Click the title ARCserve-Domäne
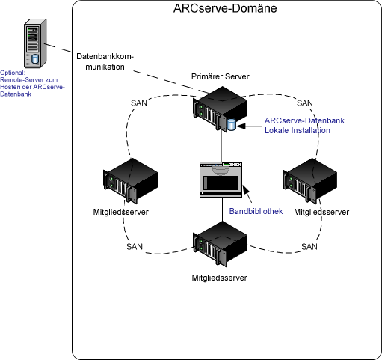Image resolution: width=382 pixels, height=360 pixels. point(225,10)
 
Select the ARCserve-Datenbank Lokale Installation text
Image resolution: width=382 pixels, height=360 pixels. point(298,125)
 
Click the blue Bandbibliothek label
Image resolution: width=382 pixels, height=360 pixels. point(256,212)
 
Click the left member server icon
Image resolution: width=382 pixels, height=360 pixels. point(132,180)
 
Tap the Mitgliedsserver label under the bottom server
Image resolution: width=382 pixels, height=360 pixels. point(219,277)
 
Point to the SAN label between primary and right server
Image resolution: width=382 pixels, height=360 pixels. point(305,103)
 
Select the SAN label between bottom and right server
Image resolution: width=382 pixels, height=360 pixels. point(309,246)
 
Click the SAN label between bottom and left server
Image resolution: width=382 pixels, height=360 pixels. point(135,246)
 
